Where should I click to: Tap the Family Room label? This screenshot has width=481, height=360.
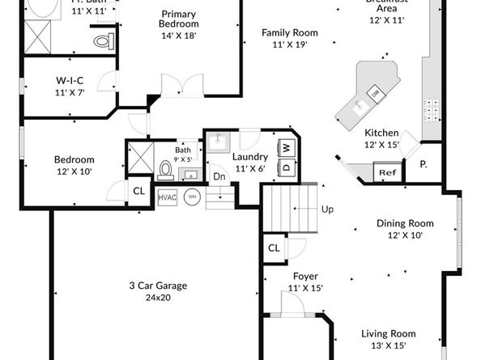tap(289, 33)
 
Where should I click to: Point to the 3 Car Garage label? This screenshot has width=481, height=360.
tap(158, 286)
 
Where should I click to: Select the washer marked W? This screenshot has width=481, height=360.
tap(286, 148)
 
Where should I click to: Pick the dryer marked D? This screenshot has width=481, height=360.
tap(286, 167)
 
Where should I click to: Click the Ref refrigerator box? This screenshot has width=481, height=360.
tap(387, 172)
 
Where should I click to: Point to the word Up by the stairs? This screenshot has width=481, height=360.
tap(327, 210)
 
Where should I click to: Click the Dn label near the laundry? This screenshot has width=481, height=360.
tap(219, 176)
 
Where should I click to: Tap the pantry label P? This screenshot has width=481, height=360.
tap(423, 164)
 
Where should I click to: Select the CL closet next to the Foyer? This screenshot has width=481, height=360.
tap(274, 248)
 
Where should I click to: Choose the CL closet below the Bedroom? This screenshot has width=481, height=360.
tap(138, 191)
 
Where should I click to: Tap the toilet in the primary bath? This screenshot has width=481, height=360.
tap(103, 40)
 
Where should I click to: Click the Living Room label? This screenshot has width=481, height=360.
tap(388, 333)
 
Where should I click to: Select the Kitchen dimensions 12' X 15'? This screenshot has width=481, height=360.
tap(381, 145)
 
